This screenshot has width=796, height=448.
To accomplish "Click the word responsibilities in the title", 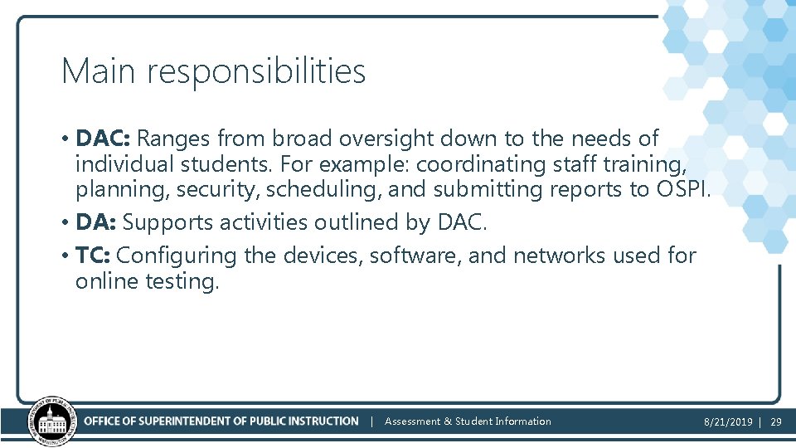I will (255, 73).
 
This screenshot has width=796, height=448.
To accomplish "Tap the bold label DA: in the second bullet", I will (95, 222).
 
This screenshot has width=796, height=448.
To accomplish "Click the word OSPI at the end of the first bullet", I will (681, 189).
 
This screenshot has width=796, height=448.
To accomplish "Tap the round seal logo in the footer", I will (52, 421).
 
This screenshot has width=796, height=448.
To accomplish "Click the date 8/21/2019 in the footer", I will (728, 422).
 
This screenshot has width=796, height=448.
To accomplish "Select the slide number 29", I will (776, 422).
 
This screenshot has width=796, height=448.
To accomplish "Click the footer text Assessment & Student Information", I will (468, 421).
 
